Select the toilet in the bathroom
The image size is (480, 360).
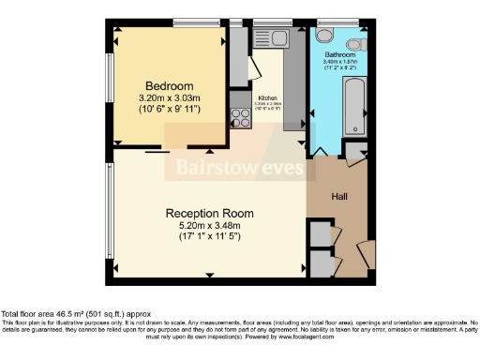coord(325,35)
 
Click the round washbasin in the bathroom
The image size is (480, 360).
coord(356,43)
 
